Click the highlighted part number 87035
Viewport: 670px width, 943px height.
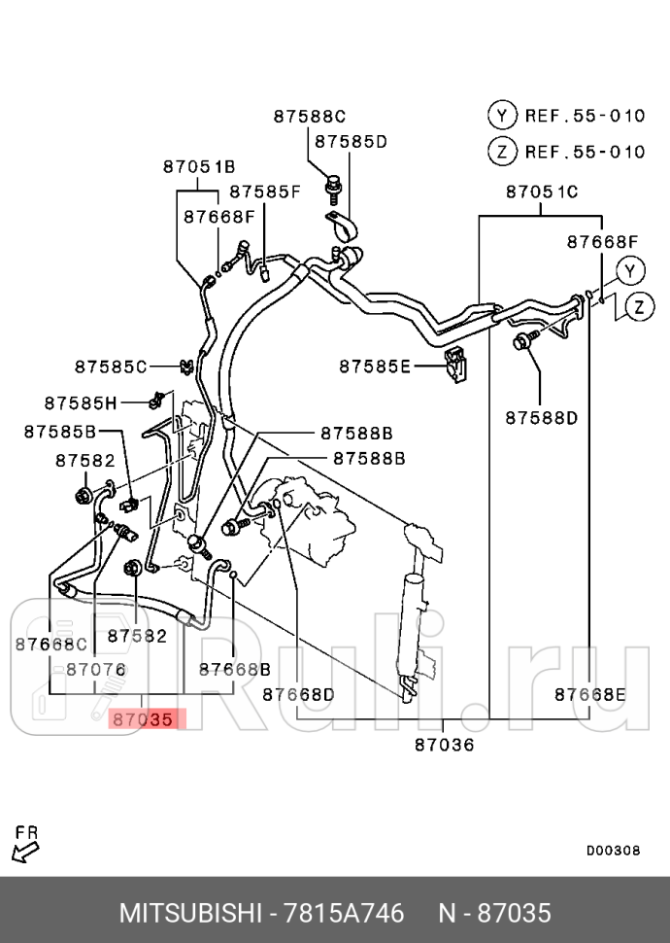tap(142, 720)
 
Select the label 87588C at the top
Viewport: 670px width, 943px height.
tap(309, 116)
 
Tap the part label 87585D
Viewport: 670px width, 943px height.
tap(351, 142)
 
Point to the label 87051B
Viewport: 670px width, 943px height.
tap(198, 167)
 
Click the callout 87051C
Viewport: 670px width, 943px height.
tap(541, 192)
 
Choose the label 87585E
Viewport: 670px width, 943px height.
tap(375, 367)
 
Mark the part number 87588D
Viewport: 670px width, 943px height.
tap(541, 418)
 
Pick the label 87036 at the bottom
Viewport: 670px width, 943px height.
tap(444, 745)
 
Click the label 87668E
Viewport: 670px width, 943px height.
tap(589, 694)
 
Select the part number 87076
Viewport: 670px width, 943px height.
tap(95, 669)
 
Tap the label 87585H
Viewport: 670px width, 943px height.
tap(80, 402)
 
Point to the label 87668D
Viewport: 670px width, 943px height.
tap(298, 694)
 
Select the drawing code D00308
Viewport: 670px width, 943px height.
tap(613, 850)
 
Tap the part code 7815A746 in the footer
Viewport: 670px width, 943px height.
tap(343, 914)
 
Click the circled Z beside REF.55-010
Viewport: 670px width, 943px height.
tap(501, 152)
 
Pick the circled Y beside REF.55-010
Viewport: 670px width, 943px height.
tap(501, 116)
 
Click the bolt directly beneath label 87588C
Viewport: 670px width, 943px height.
tap(333, 184)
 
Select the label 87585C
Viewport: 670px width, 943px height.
tap(111, 367)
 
